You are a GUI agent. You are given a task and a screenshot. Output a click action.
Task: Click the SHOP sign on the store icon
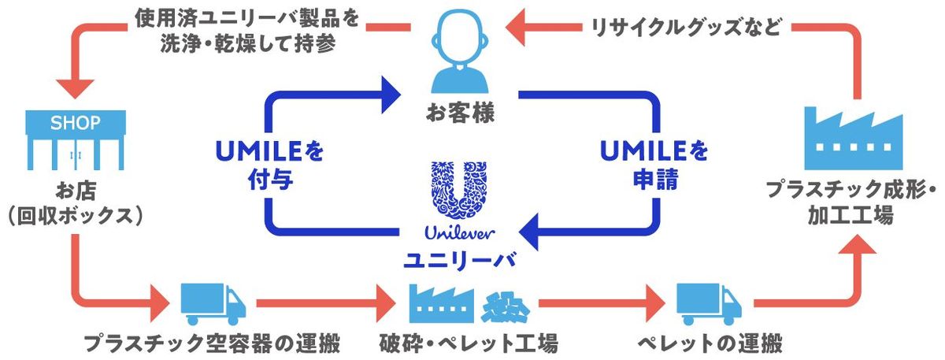[x=76, y=123]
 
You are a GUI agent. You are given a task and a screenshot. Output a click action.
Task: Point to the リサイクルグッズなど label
[x=686, y=28]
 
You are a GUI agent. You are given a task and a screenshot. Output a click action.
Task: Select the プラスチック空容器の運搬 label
[x=213, y=343]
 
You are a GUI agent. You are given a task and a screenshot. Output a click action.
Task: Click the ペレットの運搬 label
[x=710, y=343]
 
